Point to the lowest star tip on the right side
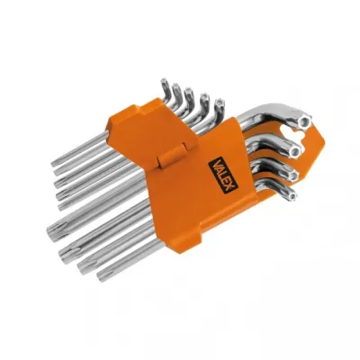click(287, 190)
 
